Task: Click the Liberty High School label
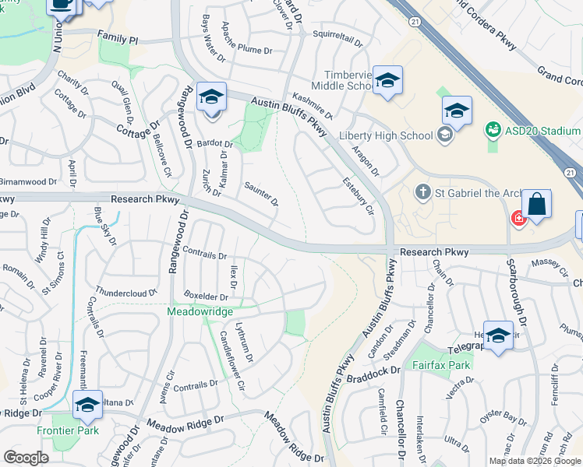tap(386, 136)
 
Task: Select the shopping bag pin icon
tap(536, 205)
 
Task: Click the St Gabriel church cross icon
tap(422, 191)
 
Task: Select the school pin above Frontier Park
tap(87, 405)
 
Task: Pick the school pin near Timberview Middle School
tap(387, 80)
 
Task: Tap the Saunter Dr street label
tap(262, 194)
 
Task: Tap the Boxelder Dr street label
tap(206, 297)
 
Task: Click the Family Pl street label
tap(117, 37)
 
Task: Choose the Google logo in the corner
tap(26, 458)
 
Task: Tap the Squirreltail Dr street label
tap(338, 35)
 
